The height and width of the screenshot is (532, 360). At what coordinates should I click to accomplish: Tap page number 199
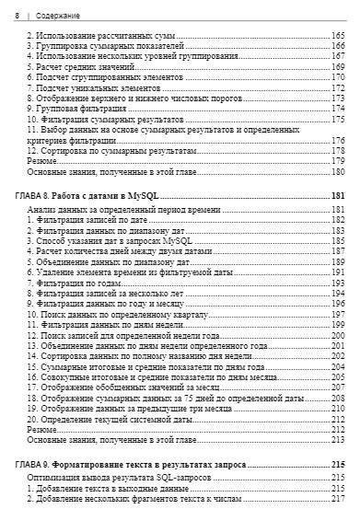[x=338, y=325]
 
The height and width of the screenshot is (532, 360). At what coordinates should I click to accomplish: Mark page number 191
[x=338, y=273]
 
